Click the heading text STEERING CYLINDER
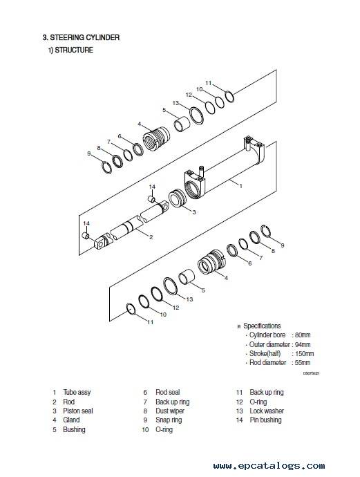pos(84,38)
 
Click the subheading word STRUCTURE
pos(74,50)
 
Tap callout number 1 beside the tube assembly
pos(241,186)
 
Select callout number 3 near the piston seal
pos(194,212)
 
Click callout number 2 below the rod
pos(151,237)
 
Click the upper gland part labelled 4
pos(156,138)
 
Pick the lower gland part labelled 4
pos(211,261)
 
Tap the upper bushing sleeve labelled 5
pos(182,123)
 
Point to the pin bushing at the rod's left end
pos(86,236)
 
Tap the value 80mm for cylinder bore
pos(303,335)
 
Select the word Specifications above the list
pos(262,326)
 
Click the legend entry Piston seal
pos(78,411)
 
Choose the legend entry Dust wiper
pos(170,411)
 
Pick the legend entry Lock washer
pos(267,411)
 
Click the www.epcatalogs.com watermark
pos(269,466)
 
